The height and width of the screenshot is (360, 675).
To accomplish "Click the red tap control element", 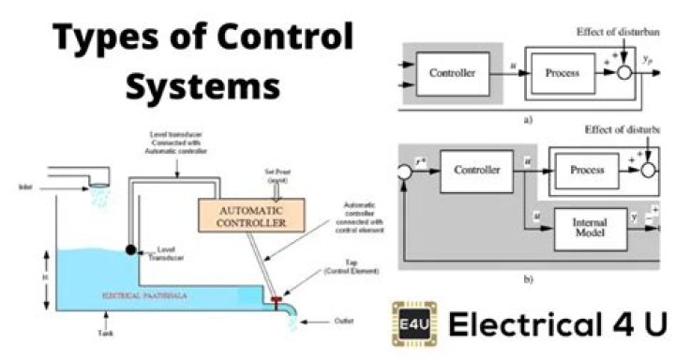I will [x=278, y=302].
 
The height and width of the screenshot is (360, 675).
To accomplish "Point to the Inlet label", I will [x=24, y=187].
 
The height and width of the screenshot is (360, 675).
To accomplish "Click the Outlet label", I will [x=344, y=321].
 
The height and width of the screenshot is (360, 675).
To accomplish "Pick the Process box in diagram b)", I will [x=586, y=172].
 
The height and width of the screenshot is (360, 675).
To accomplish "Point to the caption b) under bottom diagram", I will [x=529, y=278].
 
